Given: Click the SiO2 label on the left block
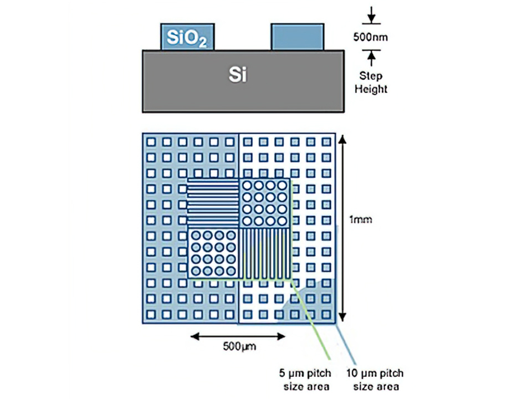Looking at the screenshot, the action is point(187,38).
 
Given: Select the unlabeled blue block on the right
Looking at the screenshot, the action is point(298,37).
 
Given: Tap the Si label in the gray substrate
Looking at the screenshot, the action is point(238,74).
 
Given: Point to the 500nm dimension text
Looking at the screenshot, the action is point(371,37).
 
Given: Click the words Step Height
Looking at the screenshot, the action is point(371,82).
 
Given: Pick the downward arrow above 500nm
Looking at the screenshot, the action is point(371,15).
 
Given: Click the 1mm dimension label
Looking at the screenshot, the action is point(360,219).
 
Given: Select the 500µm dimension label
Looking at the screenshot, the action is point(239,346).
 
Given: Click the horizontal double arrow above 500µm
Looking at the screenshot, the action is point(238,336).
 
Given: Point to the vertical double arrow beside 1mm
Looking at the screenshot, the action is point(342,228).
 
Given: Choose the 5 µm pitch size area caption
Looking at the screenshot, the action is point(305,380).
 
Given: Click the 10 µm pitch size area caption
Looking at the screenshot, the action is point(375,380).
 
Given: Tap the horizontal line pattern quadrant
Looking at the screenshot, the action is point(213,203).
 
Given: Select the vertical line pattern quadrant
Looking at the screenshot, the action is point(265,253).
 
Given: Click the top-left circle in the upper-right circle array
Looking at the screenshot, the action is point(247,186).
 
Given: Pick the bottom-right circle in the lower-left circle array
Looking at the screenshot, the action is point(231,271).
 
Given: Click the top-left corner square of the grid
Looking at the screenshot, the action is point(151,142).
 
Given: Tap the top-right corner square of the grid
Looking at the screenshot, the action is point(326,142).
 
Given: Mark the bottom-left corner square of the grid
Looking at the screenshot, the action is point(151,315).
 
